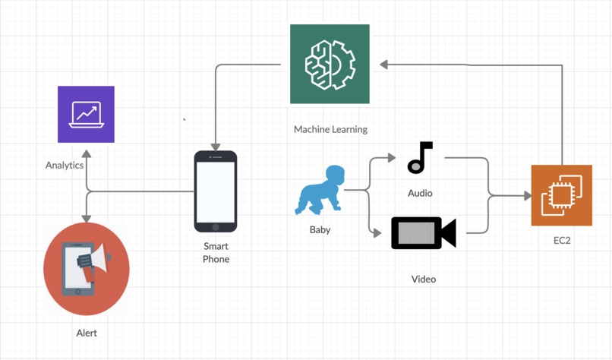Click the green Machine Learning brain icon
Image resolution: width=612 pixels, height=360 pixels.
pos(330,64)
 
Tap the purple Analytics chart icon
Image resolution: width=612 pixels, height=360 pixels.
pos(86,114)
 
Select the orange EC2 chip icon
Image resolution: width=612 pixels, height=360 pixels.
pos(561,195)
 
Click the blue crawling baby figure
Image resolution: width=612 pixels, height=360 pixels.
pos(320,190)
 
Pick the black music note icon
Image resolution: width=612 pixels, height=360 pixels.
pos(419,157)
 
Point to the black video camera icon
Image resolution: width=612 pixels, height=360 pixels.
pos(423,233)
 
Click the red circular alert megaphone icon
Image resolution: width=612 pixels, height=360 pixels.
pos(87,269)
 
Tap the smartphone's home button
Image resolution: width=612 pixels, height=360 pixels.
pos(216,226)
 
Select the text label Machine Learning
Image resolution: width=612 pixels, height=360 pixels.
pos(330,129)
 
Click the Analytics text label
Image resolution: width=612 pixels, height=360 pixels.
pos(65,165)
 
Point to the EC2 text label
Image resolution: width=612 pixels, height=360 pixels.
pos(562,240)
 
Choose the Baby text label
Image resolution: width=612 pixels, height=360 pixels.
pos(320,229)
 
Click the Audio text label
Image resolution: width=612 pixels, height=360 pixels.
pos(420,193)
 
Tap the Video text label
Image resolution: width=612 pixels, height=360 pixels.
pos(424,279)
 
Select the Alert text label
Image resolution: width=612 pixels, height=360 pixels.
pos(87,333)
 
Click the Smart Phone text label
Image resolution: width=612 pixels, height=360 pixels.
pos(216,252)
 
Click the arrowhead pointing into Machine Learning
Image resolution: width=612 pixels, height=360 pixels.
pos(384,65)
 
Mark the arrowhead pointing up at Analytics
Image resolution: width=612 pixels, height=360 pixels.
pos(87,153)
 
